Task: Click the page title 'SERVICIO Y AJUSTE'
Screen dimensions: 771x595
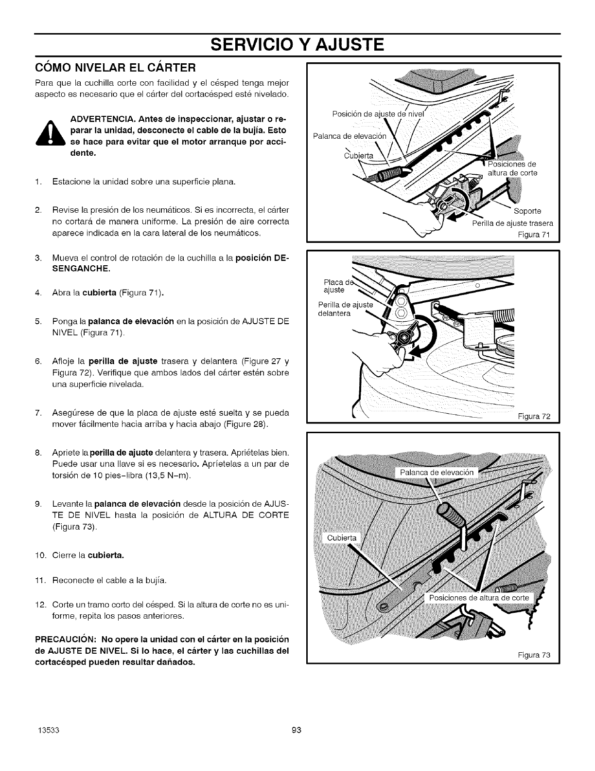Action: coord(297,45)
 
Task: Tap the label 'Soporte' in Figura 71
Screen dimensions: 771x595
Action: coord(527,211)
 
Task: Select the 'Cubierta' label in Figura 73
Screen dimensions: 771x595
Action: coord(342,538)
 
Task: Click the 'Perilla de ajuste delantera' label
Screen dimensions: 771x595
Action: coord(345,309)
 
